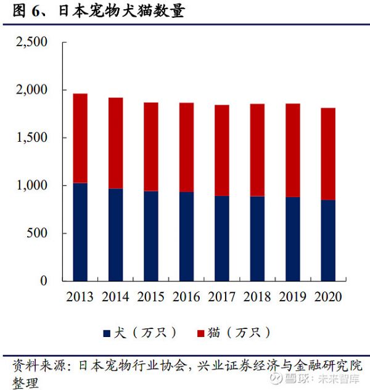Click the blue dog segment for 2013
80,232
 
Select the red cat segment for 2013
80,138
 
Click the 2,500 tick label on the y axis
31,43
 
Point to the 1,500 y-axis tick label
31,138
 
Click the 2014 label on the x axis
115,298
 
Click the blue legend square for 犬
107,333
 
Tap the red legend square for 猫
199,333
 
